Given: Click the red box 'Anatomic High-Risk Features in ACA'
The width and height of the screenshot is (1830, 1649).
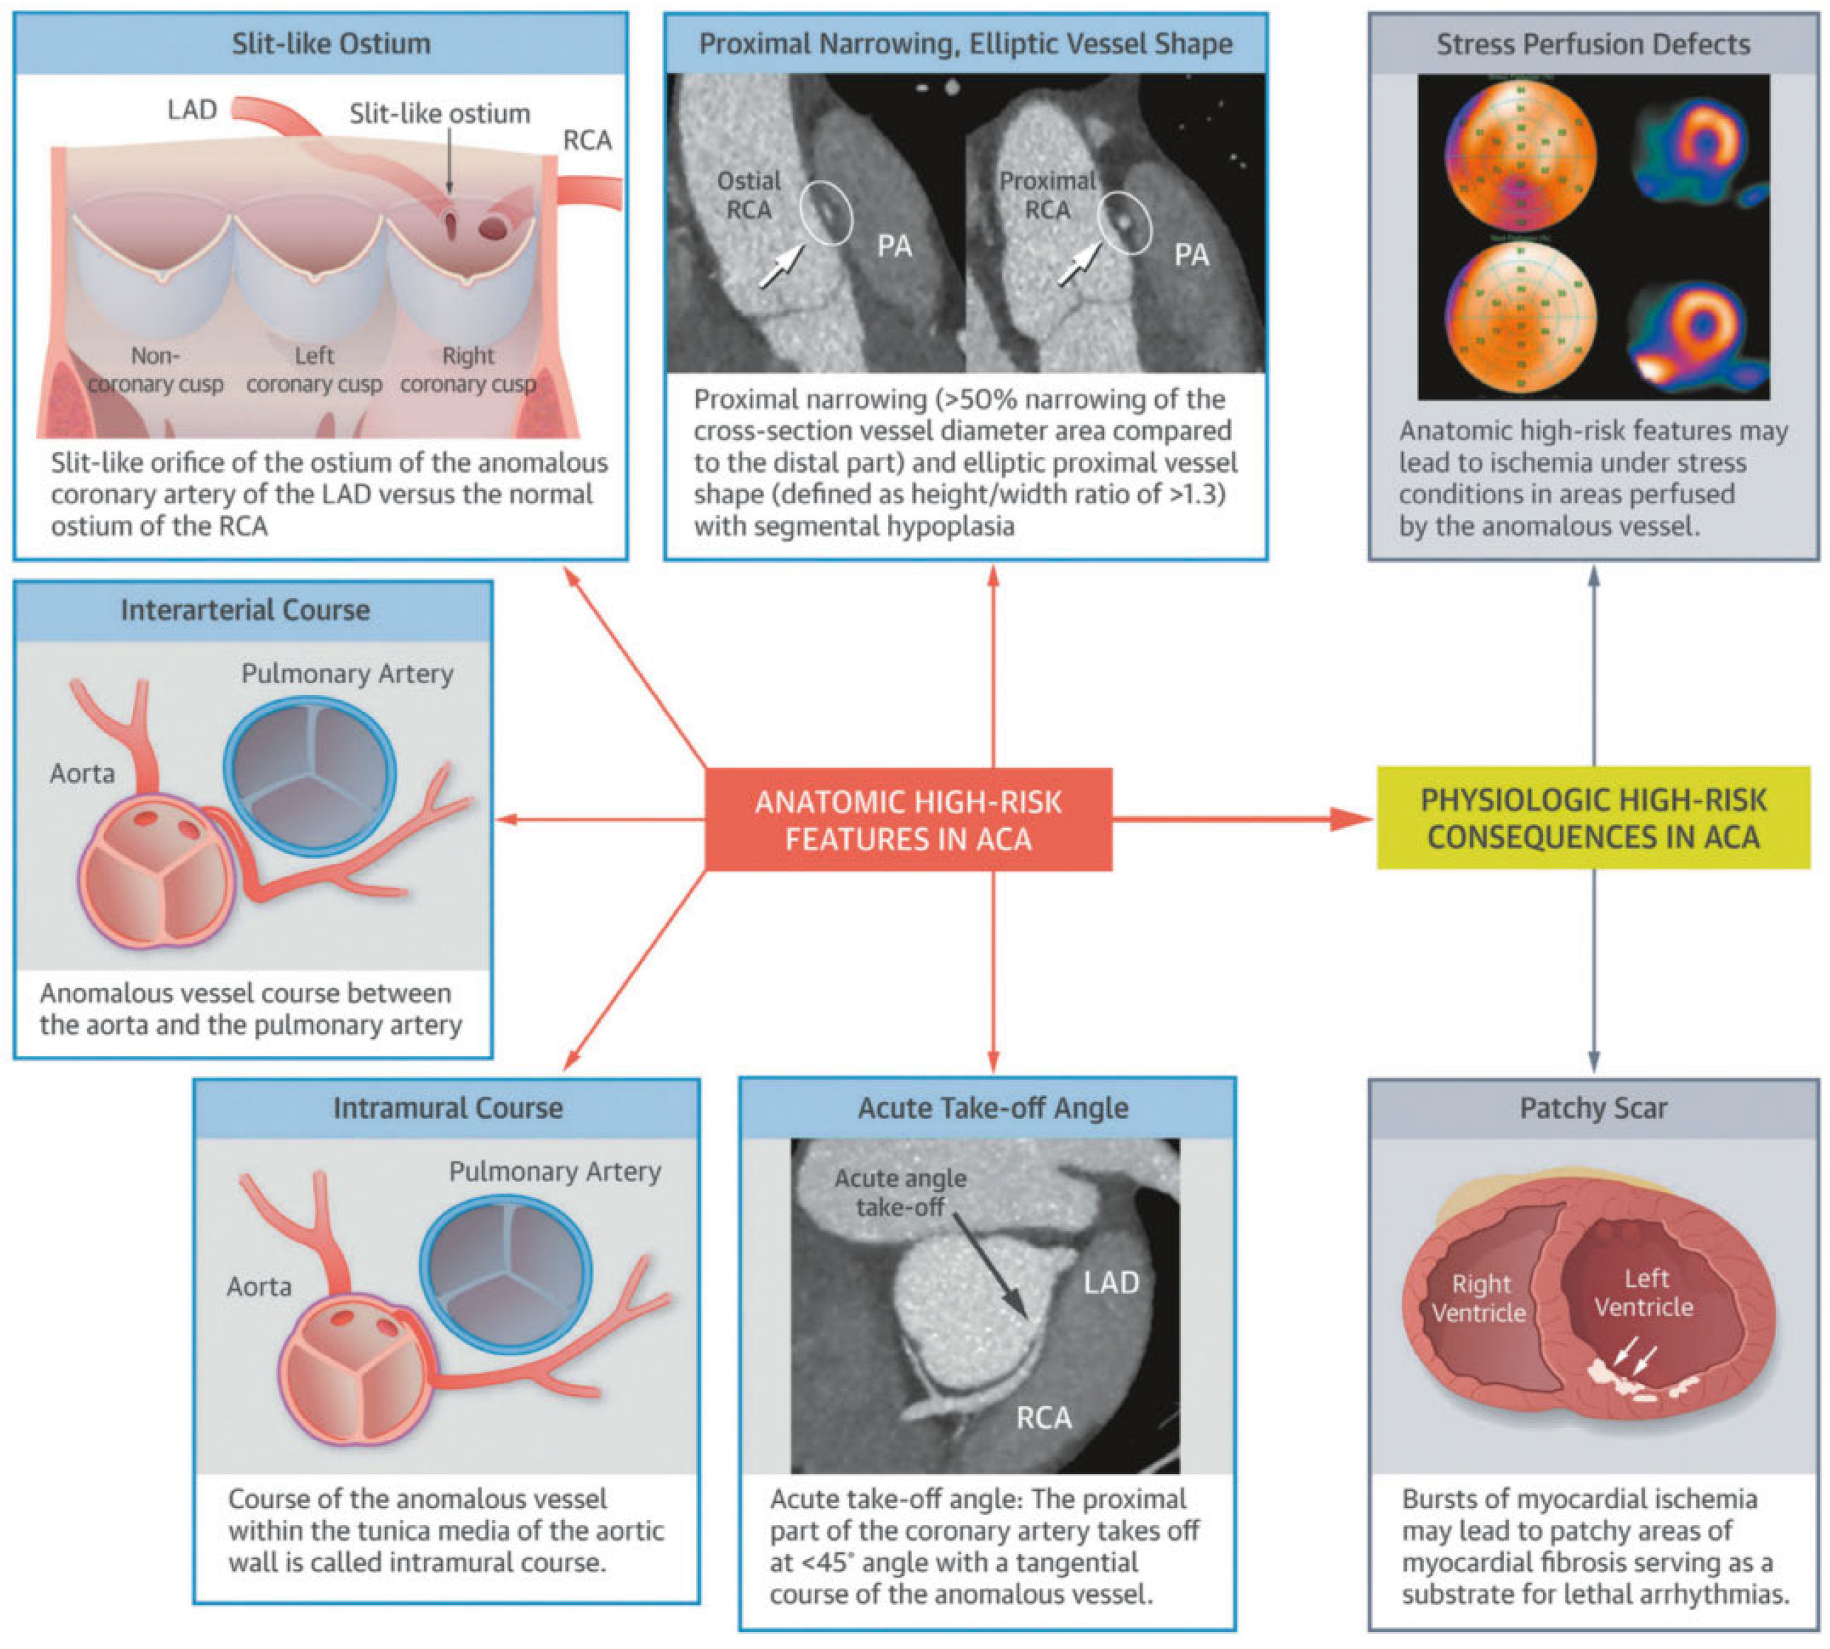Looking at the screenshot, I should coord(907,820).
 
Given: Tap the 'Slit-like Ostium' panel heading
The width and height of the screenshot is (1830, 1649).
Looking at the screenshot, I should coord(331,43).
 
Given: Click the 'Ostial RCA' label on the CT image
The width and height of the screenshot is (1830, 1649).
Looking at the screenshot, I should coord(748,195).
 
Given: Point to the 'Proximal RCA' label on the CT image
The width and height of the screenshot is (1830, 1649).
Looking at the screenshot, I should coord(1047,195).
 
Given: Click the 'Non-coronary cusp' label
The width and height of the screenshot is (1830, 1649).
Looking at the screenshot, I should coord(155,370).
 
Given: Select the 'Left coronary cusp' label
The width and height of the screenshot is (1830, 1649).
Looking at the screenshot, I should coord(313,370).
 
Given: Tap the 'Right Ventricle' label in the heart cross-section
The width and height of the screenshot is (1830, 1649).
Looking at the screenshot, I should coord(1479,1298).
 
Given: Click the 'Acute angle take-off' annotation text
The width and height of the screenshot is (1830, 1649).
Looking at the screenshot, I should coord(900,1193).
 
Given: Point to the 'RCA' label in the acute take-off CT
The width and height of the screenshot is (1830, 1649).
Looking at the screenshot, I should coord(1043,1417).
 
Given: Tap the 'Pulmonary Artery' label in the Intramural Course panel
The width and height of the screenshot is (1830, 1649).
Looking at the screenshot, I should coord(555,1171).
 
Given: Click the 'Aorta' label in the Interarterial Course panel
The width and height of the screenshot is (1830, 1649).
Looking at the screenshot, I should coord(82,774).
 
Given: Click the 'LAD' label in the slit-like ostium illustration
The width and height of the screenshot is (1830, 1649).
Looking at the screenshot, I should coord(192,110).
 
